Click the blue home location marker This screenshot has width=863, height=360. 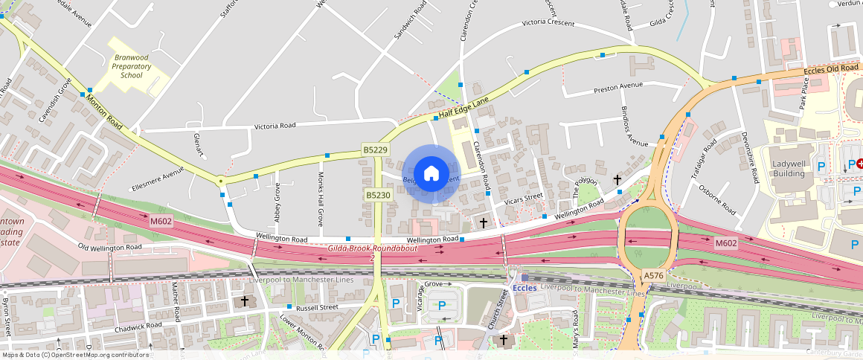pos(431,174)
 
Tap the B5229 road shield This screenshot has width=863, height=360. pos(376,150)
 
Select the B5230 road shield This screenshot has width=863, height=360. pos(378,195)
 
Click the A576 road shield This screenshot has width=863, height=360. pos(653,276)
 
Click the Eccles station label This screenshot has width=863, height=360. pos(525,288)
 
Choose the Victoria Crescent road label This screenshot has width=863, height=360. pos(548,23)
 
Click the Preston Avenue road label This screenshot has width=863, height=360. pos(617,87)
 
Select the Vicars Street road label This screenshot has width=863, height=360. pos(524,199)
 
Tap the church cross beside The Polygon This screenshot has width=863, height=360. pos(617,180)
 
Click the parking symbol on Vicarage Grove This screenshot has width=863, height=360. pos(442,304)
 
